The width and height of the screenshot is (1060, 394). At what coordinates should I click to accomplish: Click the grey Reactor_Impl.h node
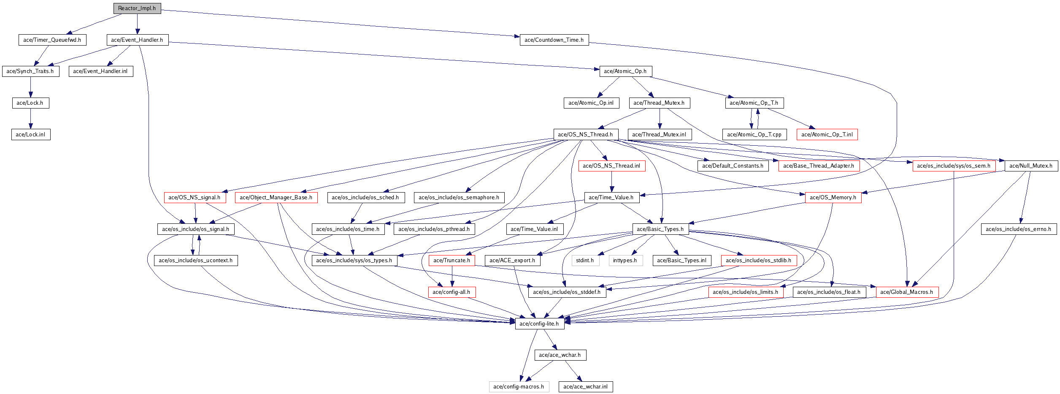tap(137, 8)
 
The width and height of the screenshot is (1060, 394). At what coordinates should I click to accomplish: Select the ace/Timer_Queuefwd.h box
tap(52, 40)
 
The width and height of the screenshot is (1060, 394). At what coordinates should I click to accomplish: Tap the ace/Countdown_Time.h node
tap(554, 40)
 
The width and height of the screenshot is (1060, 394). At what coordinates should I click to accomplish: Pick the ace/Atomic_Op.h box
tap(625, 71)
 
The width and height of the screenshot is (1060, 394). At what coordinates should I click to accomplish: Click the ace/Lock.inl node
tap(31, 135)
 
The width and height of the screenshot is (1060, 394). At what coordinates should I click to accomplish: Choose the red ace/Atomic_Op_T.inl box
tap(827, 135)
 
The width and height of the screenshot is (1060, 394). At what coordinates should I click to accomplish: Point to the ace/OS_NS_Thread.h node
tap(586, 135)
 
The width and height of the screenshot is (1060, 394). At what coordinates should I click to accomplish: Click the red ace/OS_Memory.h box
tap(833, 198)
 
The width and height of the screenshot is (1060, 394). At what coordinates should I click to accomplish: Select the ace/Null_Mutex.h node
tap(1031, 166)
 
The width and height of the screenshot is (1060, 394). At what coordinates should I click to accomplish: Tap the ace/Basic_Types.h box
tap(660, 229)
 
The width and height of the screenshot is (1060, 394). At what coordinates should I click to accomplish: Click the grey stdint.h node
tap(585, 261)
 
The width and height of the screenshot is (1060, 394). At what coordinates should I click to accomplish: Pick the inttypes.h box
tap(625, 261)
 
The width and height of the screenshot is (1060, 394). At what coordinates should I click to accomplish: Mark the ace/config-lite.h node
tap(539, 324)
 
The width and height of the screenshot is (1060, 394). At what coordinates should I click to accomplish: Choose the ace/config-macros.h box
tap(519, 387)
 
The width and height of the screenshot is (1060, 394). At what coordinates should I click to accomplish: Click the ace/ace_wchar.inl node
tap(586, 387)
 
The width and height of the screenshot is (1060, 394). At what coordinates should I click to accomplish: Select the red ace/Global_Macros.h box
tap(907, 292)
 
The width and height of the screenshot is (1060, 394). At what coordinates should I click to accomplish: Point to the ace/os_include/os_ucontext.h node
tap(196, 261)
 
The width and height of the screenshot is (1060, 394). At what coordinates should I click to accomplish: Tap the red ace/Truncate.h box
tap(452, 261)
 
